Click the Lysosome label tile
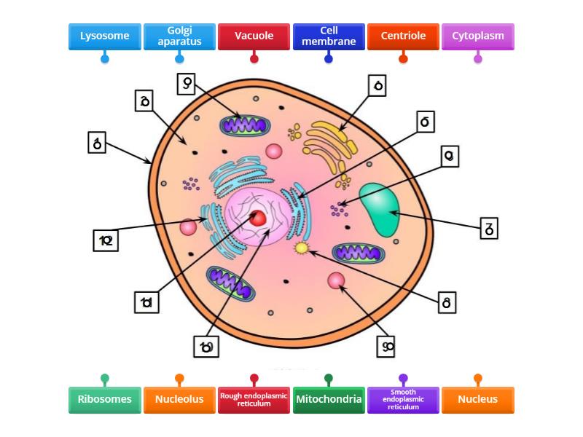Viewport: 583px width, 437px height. (104, 36)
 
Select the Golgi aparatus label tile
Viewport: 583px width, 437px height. (179, 36)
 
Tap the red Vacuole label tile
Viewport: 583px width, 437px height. (254, 36)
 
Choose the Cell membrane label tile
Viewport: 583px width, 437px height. (328, 36)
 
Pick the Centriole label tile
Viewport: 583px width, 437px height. (403, 36)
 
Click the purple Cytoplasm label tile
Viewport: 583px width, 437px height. (477, 36)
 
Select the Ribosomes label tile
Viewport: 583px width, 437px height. (104, 399)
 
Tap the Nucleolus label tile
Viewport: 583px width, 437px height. (179, 399)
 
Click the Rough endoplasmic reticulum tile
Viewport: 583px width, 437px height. (254, 399)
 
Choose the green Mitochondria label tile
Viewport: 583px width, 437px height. (328, 399)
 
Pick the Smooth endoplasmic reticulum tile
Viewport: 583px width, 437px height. (403, 399)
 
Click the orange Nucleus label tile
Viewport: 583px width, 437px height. (477, 399)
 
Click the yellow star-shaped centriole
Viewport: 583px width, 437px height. (301, 249)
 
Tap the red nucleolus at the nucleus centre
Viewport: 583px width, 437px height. (258, 218)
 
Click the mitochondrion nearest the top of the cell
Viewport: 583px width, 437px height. (245, 125)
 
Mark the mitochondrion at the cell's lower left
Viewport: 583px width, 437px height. (230, 282)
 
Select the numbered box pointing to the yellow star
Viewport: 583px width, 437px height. (447, 302)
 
